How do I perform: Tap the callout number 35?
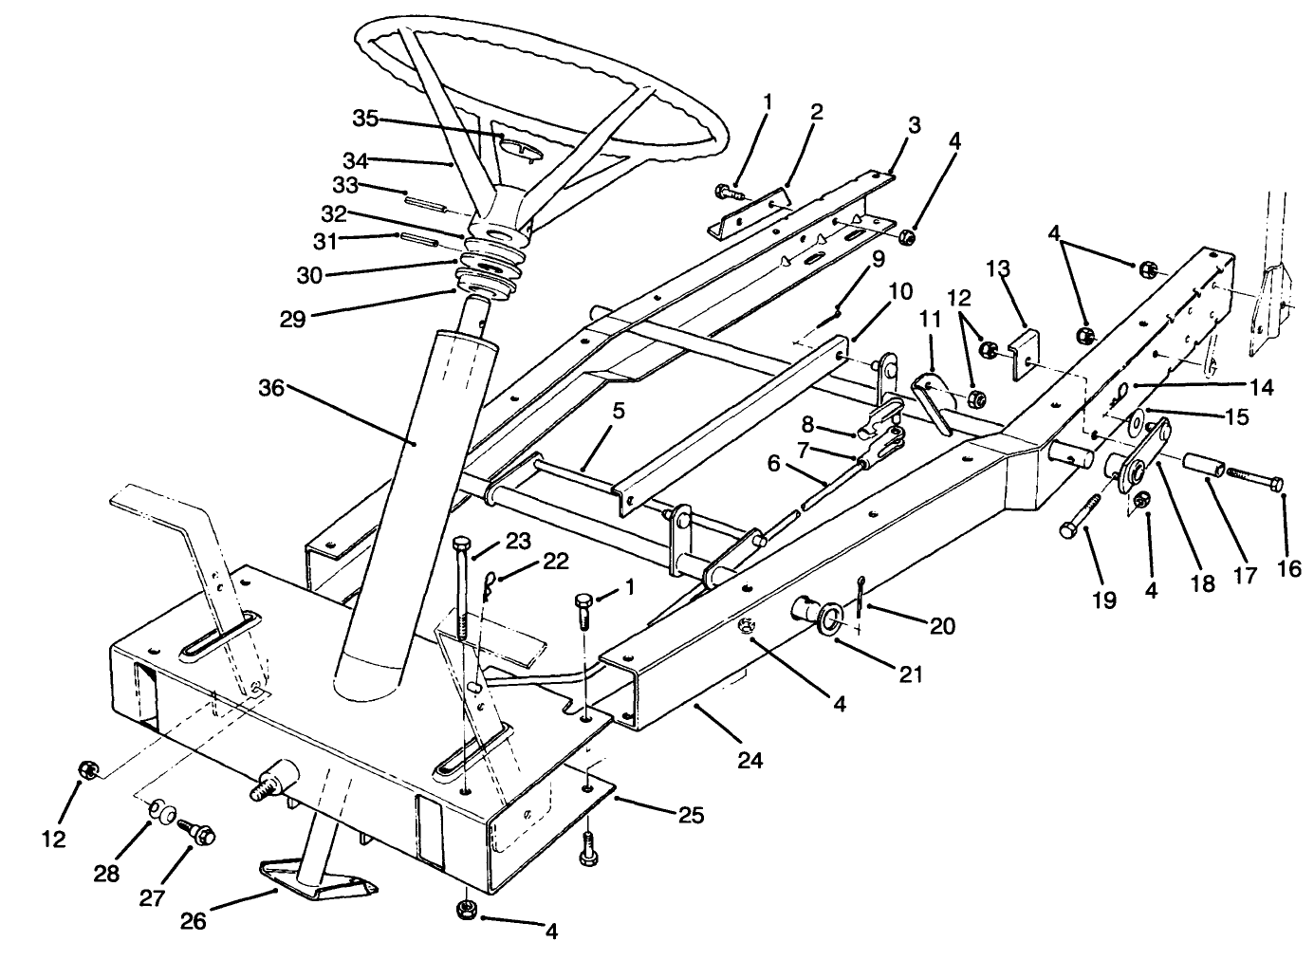tap(365, 119)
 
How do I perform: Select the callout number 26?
tap(195, 919)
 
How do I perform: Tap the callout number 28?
tap(107, 873)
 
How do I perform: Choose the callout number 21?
tap(909, 674)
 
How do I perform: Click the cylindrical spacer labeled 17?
tap(1199, 467)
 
